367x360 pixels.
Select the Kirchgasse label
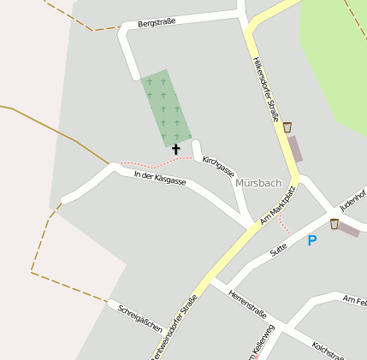(218, 166)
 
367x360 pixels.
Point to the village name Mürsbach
(257, 183)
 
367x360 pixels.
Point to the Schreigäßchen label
(140, 317)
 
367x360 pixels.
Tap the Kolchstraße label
(329, 351)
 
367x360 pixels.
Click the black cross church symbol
(176, 149)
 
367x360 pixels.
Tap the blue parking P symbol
(312, 241)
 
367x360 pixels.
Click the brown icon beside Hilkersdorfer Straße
(287, 127)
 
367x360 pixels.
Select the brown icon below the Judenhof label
(334, 224)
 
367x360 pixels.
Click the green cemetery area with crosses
(164, 107)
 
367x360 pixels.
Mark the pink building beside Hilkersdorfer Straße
(294, 149)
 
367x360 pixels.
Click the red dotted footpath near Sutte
(285, 227)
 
